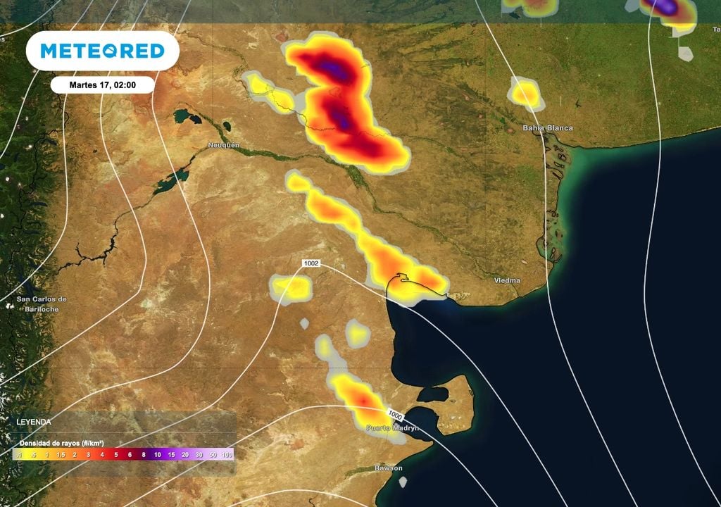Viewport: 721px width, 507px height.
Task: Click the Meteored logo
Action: [102, 51]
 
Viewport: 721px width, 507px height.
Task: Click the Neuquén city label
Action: [224, 144]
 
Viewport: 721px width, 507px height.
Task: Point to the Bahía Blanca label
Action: [547, 128]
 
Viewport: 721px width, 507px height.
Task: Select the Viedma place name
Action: [507, 280]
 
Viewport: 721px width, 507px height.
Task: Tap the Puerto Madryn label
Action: [392, 427]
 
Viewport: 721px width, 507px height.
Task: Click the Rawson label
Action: [389, 468]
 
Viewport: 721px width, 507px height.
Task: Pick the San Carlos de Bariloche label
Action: [42, 304]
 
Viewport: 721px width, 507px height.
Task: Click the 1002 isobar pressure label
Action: [311, 263]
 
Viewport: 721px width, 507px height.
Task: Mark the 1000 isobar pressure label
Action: [395, 413]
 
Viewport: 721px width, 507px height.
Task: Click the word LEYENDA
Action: [34, 422]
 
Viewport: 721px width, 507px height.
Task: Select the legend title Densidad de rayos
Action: [62, 442]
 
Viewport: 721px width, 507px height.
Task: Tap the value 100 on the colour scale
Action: [227, 455]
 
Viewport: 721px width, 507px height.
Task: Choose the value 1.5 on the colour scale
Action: [61, 455]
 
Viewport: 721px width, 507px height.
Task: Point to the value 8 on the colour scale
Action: [144, 455]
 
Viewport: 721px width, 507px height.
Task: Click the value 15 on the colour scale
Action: [172, 455]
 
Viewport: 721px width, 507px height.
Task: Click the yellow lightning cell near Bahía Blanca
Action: [525, 94]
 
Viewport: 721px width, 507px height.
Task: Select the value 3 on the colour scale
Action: [89, 455]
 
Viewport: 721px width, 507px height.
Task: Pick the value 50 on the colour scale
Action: [213, 455]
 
